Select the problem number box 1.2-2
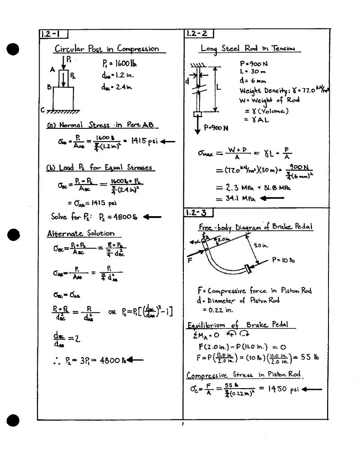tap(199, 34)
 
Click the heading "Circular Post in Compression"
tap(107, 49)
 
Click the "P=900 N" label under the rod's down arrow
tap(216, 127)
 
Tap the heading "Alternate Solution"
tap(81, 233)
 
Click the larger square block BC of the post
tap(63, 97)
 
